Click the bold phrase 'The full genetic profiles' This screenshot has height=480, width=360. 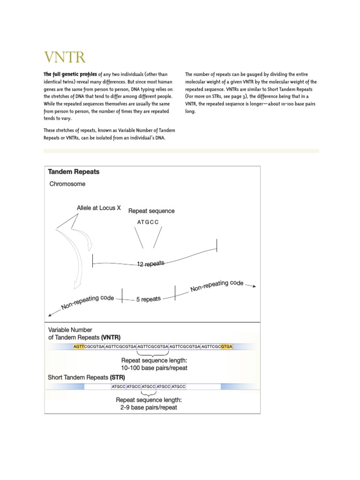click(70, 74)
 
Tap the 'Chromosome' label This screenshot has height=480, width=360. click(67, 184)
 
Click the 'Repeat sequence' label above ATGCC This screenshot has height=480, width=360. click(151, 211)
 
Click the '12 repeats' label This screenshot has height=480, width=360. click(150, 264)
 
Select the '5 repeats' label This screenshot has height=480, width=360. click(148, 299)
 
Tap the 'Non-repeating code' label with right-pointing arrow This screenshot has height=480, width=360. click(217, 286)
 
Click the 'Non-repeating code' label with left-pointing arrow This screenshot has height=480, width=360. click(88, 303)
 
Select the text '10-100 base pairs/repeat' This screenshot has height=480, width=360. click(154, 368)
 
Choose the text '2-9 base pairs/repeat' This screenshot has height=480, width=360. click(149, 407)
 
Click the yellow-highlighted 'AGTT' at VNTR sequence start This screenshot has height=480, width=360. click(79, 347)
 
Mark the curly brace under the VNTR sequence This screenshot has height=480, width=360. click(153, 354)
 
